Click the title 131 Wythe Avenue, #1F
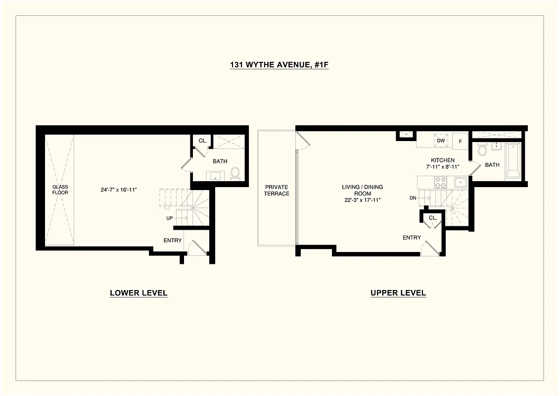pos(279,65)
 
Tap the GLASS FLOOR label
pos(60,190)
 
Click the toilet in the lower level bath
pos(235,173)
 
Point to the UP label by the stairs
pos(170,218)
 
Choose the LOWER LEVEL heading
pos(139,293)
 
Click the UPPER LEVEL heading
pos(398,293)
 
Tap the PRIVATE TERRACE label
pos(277,190)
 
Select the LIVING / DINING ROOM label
pos(362,193)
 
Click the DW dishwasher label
pos(441,141)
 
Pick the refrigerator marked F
pos(460,141)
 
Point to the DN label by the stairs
pos(413,198)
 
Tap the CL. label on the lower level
pos(202,141)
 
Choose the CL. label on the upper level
pos(432,218)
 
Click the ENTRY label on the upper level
pos(412,238)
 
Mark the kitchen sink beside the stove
pos(461,183)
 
